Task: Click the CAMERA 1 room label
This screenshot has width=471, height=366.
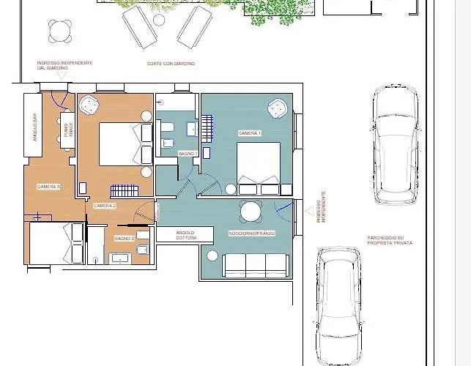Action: [x=249, y=133]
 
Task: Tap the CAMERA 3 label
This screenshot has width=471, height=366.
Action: [x=48, y=187]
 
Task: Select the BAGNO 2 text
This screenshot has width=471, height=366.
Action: [x=123, y=239]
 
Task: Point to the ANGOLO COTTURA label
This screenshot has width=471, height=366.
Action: [x=185, y=235]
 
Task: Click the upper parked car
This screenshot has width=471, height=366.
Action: [x=395, y=144]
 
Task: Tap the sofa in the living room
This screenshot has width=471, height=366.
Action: [x=255, y=265]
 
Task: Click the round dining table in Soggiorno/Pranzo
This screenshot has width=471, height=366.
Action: [x=251, y=212]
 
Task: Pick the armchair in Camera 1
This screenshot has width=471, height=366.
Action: [x=277, y=109]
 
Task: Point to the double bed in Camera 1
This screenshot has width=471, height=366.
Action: [x=258, y=163]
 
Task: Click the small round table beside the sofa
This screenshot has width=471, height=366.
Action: [x=213, y=255]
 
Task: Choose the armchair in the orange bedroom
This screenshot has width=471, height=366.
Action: [x=91, y=105]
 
